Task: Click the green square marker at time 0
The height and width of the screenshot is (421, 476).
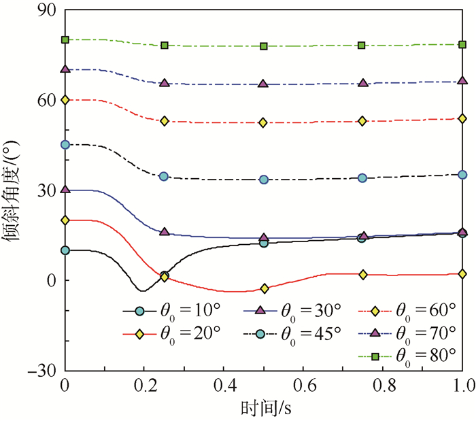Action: point(65,39)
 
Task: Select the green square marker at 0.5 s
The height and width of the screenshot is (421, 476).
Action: point(264,46)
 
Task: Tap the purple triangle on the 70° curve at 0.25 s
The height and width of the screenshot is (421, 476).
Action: point(164,83)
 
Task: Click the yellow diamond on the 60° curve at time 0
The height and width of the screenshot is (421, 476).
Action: point(65,100)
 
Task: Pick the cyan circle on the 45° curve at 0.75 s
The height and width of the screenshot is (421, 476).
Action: point(362,178)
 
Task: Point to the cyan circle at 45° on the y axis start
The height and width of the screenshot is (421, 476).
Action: point(65,145)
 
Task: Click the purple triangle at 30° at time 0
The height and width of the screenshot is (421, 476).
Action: point(65,190)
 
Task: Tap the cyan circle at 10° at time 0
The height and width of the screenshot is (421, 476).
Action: point(65,250)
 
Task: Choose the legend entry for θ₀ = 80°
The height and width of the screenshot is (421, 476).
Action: point(408,356)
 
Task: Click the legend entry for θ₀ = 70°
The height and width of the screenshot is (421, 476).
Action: point(408,333)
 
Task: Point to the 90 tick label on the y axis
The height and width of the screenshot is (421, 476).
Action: point(48,12)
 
